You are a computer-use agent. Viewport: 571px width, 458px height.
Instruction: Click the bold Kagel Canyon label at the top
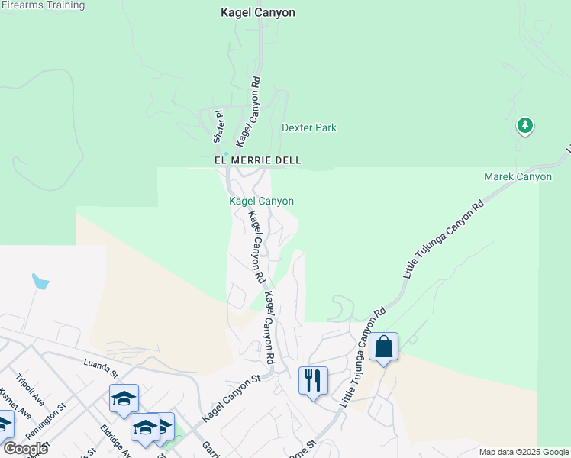tap(257, 13)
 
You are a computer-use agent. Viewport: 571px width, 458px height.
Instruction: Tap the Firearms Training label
tap(42, 5)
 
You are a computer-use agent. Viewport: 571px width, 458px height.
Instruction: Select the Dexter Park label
tap(309, 127)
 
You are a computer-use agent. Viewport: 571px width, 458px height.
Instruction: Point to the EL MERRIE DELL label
tap(257, 160)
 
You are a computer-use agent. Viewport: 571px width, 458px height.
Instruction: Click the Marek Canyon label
tap(518, 176)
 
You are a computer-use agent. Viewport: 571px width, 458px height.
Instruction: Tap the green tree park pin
tap(524, 125)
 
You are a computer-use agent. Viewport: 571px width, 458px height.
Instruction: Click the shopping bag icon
tap(383, 347)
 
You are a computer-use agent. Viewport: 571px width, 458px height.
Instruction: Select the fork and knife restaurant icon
tap(313, 379)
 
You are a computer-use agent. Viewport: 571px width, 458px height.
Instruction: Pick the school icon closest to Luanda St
tap(124, 398)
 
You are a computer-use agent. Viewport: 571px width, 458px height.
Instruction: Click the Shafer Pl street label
tap(219, 127)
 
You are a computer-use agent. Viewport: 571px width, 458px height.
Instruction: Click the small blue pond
tap(40, 282)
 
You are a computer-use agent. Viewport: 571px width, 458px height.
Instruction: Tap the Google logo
tap(25, 449)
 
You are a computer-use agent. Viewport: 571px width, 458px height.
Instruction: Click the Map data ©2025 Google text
tap(524, 452)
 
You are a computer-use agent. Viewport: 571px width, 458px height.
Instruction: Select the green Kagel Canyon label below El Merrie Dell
tap(262, 201)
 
